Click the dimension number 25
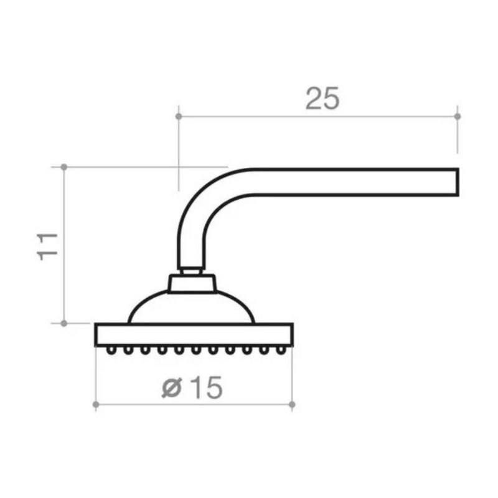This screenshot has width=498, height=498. (322, 98)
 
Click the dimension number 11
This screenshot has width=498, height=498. (48, 247)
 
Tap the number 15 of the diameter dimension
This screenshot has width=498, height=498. (207, 387)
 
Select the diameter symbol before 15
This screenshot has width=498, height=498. (172, 388)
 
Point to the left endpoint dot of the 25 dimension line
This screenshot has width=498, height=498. (179, 116)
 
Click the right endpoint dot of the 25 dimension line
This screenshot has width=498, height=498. (458, 116)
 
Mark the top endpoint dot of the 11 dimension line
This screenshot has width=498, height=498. (64, 167)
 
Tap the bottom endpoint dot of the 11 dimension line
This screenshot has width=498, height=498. (64, 323)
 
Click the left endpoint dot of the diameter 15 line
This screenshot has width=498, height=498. (96, 405)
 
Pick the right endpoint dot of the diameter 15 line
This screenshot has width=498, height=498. (292, 405)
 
